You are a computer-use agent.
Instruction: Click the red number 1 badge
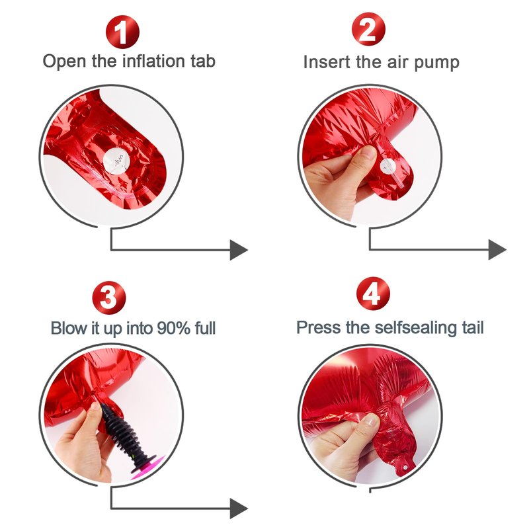pos(122,32)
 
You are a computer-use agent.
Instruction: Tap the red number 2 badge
pos(368,29)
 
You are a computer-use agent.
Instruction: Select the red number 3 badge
pos(109,298)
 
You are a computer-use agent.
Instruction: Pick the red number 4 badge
pos(373,294)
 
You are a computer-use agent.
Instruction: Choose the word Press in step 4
pos(319,327)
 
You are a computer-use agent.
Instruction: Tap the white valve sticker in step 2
pos(387,167)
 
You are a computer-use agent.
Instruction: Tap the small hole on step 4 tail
pos(405,467)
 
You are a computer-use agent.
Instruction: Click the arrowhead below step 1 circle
pos(239,250)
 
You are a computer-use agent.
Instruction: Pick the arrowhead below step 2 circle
pos(497,250)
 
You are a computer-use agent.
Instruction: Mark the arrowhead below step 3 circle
pos(239,509)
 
